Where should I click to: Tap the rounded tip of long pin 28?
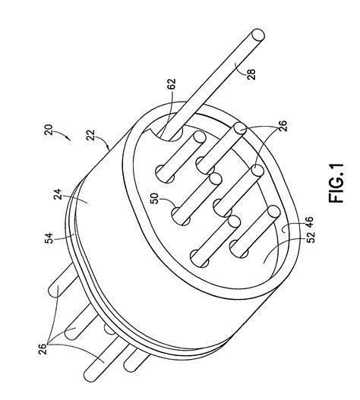259,35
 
